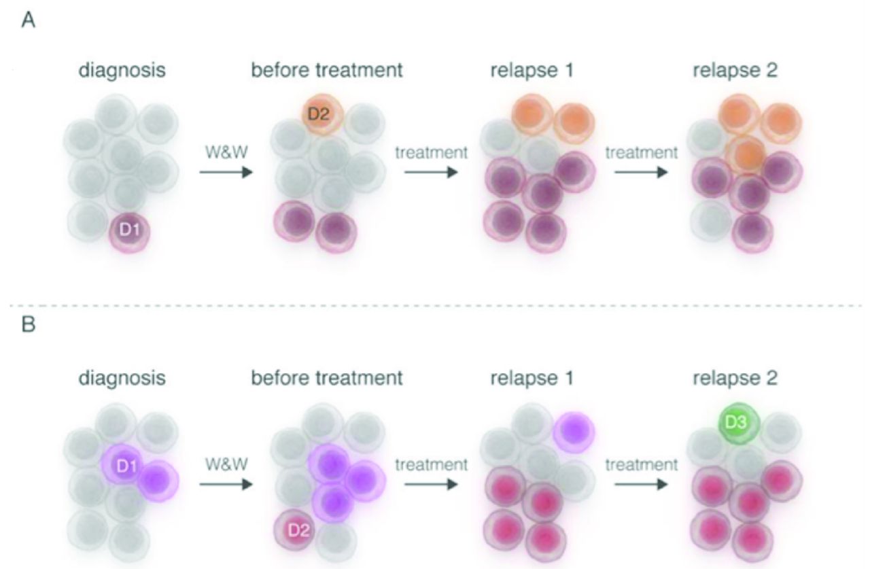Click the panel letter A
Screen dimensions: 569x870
[29, 22]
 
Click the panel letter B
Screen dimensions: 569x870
[29, 326]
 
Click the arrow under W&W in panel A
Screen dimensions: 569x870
[226, 173]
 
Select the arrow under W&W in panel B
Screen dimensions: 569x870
[226, 486]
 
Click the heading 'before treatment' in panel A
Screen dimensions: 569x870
[327, 71]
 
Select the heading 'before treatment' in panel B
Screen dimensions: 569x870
[327, 378]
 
